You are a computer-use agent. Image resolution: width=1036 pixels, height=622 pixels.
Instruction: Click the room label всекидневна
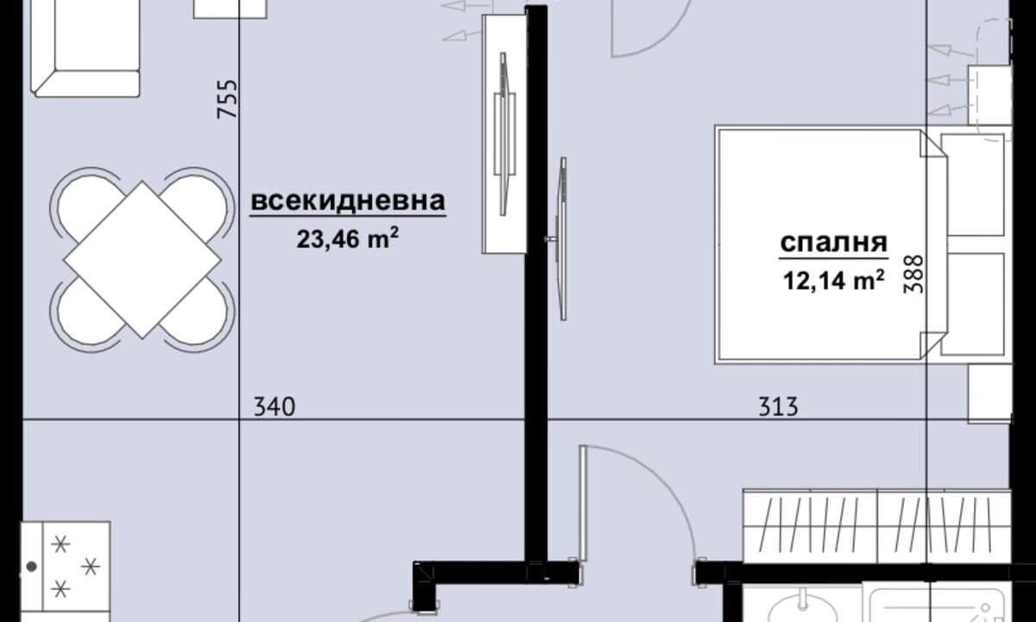pyautogui.click(x=348, y=200)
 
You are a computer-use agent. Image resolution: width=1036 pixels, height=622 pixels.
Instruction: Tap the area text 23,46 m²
pyautogui.click(x=348, y=238)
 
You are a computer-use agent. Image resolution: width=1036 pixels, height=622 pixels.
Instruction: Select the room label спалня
pyautogui.click(x=834, y=243)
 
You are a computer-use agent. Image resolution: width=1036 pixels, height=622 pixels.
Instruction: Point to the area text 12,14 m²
pyautogui.click(x=834, y=280)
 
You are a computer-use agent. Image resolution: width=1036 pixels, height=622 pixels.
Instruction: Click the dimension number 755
pyautogui.click(x=228, y=99)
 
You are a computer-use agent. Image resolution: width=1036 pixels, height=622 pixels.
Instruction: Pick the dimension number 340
pyautogui.click(x=275, y=407)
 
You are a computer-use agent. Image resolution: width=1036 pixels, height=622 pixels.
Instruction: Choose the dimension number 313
pyautogui.click(x=778, y=407)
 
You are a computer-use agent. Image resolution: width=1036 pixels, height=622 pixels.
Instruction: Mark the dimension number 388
pyautogui.click(x=913, y=274)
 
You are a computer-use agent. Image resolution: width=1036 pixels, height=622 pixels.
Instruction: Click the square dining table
pyautogui.click(x=142, y=260)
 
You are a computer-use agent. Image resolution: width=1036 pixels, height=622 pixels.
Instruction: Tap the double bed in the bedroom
pyautogui.click(x=831, y=244)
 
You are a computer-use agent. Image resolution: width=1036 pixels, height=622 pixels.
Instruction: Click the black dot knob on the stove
pyautogui.click(x=31, y=566)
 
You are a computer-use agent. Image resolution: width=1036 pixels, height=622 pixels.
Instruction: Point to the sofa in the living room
pyautogui.click(x=85, y=47)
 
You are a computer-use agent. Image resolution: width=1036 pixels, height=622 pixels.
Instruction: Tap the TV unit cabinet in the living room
pyautogui.click(x=504, y=134)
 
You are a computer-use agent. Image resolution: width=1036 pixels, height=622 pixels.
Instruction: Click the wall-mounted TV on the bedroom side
pyautogui.click(x=562, y=238)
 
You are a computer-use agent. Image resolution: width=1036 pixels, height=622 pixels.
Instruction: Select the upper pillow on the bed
pyautogui.click(x=973, y=184)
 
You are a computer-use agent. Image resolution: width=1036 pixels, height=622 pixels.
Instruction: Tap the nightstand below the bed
pyautogui.click(x=989, y=393)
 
